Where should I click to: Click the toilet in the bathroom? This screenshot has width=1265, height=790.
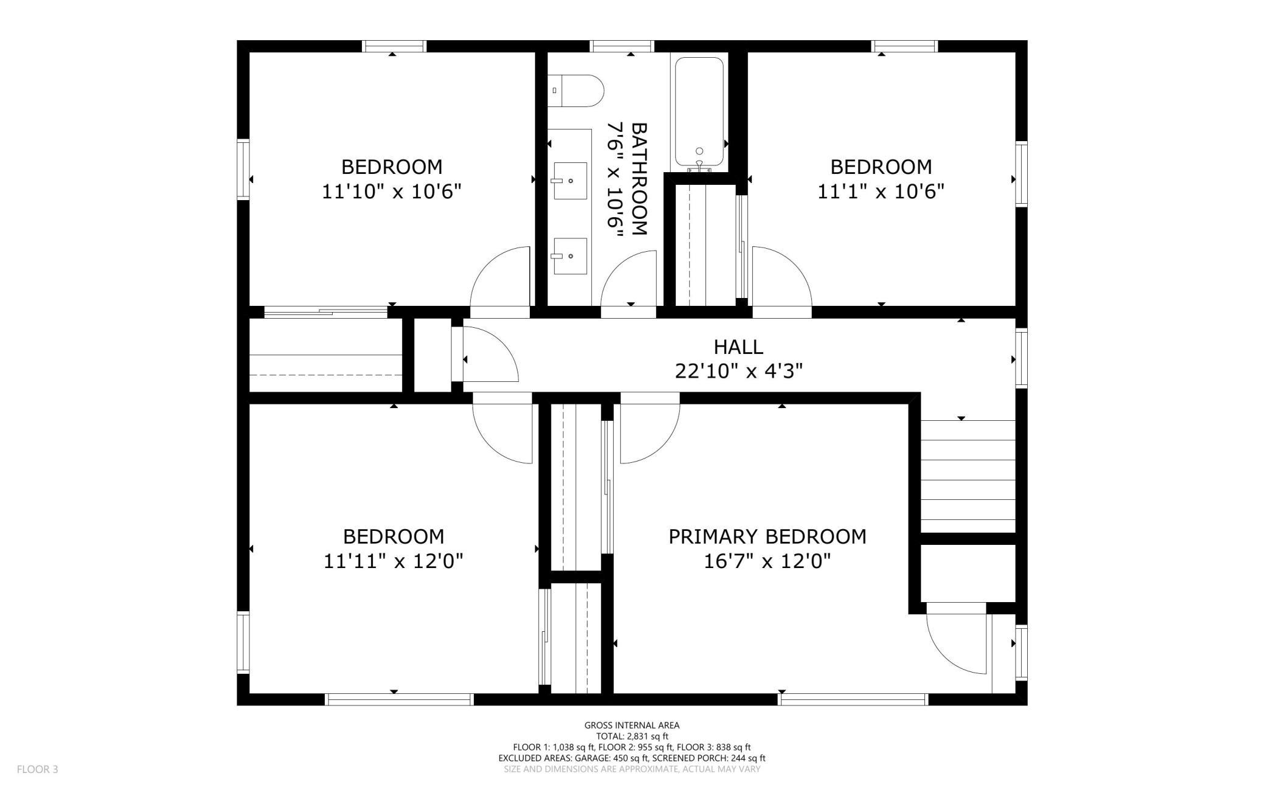pos(575,91)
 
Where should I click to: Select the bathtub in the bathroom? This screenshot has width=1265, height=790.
pos(699,113)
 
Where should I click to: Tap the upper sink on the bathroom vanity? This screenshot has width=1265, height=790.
pos(570,181)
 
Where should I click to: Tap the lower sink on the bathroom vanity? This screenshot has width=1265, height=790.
pos(570,257)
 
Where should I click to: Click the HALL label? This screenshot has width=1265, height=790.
pos(738,347)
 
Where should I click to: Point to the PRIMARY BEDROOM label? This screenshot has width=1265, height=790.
pos(767,536)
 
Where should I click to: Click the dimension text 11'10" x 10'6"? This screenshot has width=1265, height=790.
pos(391,192)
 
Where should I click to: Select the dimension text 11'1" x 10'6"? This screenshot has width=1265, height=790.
pos(880,192)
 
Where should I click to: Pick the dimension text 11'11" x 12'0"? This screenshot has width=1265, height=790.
pos(393,561)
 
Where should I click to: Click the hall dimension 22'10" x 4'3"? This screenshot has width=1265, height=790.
pos(738,371)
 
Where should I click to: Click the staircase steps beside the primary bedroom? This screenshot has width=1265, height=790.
pos(968,477)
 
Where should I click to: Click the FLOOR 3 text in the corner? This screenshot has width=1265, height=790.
pos(37,769)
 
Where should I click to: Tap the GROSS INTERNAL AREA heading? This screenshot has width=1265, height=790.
pos(632,725)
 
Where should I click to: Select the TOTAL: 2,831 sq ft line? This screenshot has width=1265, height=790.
pos(632,736)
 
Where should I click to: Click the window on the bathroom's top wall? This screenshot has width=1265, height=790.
pos(622,46)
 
